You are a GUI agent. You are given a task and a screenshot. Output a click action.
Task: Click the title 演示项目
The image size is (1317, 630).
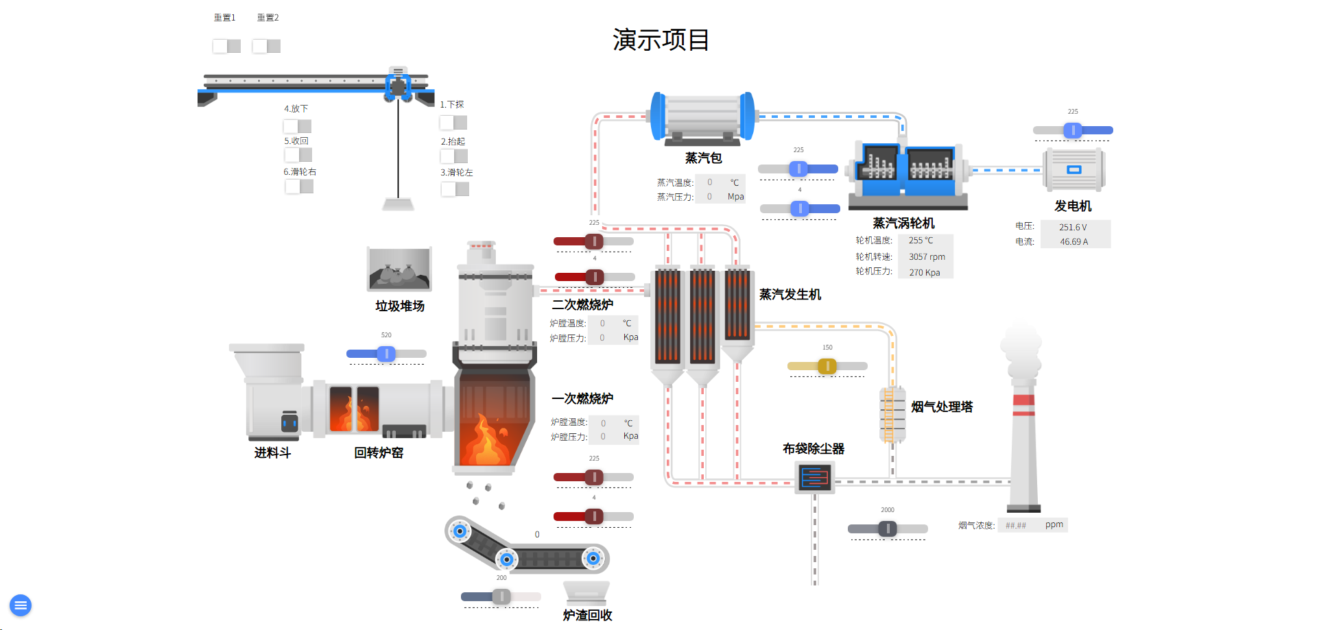point(661,40)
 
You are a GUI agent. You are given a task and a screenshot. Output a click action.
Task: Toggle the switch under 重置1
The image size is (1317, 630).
point(226,46)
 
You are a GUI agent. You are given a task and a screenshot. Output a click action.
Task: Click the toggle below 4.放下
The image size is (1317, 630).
point(298,126)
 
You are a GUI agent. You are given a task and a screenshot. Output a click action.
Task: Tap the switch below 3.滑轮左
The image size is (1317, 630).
point(455,189)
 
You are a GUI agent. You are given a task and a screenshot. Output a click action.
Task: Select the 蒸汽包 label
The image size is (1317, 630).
point(703,158)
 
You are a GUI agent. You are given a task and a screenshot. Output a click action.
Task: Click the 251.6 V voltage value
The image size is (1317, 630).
point(1073,227)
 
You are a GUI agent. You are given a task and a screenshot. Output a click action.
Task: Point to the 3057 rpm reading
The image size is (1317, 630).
point(927,257)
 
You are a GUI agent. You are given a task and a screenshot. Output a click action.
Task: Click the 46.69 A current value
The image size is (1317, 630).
point(1073,242)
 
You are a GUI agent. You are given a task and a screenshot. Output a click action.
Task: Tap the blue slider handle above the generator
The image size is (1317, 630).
point(1073,130)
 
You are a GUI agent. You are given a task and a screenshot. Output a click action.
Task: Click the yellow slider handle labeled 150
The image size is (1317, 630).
point(827,366)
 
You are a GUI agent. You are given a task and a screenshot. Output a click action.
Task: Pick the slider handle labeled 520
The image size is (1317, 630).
point(386,354)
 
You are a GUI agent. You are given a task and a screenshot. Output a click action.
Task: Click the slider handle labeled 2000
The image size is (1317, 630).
point(888,529)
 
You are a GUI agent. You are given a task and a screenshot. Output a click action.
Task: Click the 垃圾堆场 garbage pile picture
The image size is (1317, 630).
point(399,269)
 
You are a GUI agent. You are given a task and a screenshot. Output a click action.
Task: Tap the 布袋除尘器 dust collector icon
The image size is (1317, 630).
point(815,477)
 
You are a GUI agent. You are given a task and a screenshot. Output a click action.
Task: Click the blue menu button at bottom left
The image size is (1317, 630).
point(21,605)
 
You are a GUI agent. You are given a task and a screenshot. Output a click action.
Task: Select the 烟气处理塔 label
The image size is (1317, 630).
point(942,407)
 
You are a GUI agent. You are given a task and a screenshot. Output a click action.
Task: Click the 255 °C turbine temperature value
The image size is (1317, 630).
point(921,241)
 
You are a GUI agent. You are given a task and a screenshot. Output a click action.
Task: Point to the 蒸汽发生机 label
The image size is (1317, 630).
point(790,295)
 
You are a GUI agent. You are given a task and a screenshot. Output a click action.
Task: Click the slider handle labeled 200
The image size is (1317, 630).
point(501,596)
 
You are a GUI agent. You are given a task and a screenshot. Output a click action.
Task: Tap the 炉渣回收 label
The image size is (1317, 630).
point(587,616)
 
